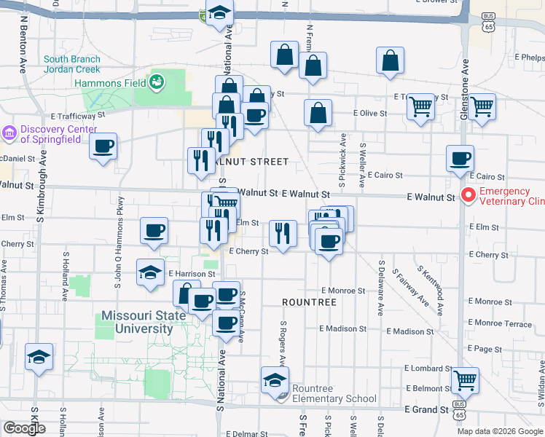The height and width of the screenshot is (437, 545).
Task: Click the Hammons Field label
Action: [109, 83]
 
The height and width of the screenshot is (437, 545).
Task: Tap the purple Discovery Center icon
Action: [9, 133]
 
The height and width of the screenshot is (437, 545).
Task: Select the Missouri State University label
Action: [137, 322]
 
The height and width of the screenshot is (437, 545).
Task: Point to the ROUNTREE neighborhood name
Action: [310, 302]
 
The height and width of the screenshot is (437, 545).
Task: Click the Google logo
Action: [24, 428]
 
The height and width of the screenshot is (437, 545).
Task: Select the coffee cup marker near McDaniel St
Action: [103, 145]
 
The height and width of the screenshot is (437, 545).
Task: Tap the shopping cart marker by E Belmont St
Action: [465, 379]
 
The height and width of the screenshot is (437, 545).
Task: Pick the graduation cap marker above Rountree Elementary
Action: [275, 379]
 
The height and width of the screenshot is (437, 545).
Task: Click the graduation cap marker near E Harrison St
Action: [150, 272]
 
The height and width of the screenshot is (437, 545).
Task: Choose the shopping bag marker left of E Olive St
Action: [318, 112]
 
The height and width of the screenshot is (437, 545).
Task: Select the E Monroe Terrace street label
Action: [501, 323]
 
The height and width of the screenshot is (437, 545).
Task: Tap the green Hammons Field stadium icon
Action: [157, 82]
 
